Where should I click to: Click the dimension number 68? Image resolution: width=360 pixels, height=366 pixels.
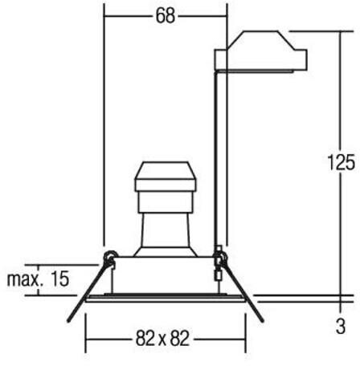coord(166,16)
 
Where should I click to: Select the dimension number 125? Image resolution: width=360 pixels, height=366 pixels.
coord(342,162)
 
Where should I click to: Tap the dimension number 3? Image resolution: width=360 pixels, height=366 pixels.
coord(341,327)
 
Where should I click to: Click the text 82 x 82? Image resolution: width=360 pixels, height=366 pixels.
coord(162,338)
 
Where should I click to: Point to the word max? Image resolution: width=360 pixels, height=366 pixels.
coord(25,279)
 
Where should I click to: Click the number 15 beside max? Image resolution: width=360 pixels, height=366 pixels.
coord(59,279)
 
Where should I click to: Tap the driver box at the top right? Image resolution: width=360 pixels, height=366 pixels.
coord(260,51)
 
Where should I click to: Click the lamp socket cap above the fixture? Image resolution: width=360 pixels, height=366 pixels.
coord(166,177)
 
